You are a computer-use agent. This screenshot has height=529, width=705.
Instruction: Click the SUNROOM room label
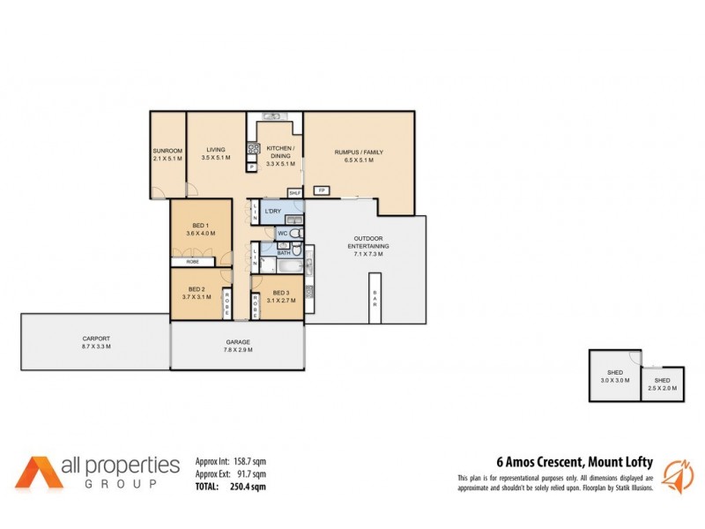coord(167,151)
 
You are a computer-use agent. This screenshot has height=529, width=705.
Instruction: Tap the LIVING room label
coord(215,151)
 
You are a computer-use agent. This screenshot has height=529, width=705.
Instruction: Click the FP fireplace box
coord(322,190)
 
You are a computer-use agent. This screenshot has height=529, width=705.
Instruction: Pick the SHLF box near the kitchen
coord(294,191)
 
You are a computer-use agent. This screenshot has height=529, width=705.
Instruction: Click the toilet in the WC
coord(296,234)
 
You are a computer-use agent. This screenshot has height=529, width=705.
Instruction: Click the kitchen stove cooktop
coord(253,149)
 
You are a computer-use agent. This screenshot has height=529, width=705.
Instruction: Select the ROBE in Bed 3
coord(256,304)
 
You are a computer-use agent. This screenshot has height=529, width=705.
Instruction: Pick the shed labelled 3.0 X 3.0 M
coord(613,376)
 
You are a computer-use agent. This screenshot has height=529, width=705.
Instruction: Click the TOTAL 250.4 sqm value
coord(247,486)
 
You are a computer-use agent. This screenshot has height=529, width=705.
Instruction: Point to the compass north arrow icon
coord(671,472)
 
